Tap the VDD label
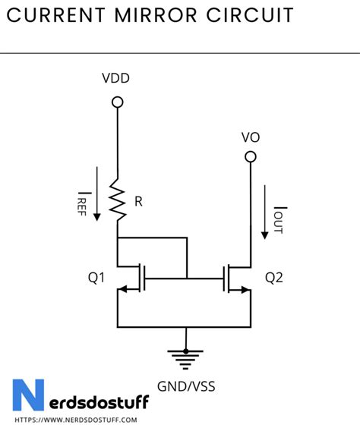pos(117,78)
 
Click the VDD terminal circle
pos(117,102)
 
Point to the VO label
pos(251,137)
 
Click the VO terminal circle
pos(250,157)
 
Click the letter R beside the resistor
pos(137,203)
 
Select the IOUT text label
pos(279,219)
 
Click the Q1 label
pos(96,278)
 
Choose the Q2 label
pos(273,278)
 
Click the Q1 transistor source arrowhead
pos(124,290)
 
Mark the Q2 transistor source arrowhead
pos(244,290)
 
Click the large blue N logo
pos(28,395)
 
